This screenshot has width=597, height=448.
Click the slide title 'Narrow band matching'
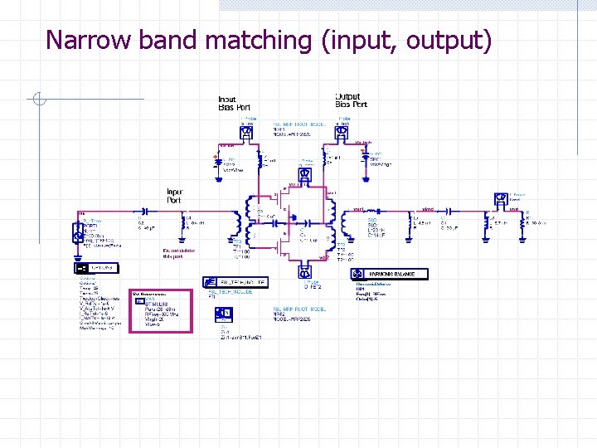(x=269, y=39)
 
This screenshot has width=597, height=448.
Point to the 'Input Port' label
(x=175, y=195)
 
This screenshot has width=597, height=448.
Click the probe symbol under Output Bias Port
(x=342, y=130)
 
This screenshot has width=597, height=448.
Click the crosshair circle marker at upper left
(x=38, y=101)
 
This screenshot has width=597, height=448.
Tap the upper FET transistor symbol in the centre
(x=282, y=201)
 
